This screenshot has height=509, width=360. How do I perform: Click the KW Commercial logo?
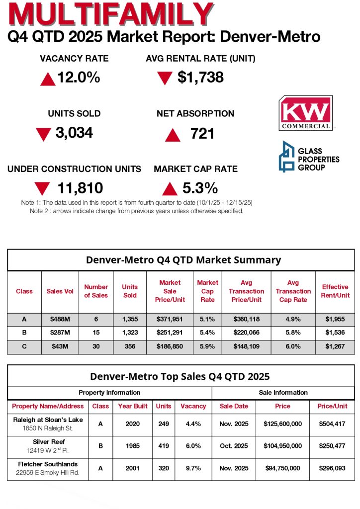point(305,113)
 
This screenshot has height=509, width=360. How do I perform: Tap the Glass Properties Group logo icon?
point(287,157)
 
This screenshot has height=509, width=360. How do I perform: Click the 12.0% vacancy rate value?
point(79,78)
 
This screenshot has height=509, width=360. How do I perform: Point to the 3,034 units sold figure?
point(71,133)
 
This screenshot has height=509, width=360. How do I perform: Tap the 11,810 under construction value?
point(80,188)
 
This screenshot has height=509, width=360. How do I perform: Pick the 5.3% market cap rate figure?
point(200,188)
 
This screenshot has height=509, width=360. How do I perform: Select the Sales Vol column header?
point(60,291)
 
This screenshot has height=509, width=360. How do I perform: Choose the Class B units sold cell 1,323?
point(130,333)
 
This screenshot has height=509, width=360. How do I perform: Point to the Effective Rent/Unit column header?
point(335,291)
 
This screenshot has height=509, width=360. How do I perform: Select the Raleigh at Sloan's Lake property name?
point(48,420)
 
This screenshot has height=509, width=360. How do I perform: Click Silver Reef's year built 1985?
point(133,446)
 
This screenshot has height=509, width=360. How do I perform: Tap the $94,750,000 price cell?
point(282,468)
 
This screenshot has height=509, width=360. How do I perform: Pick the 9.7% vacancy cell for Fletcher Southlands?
point(193,468)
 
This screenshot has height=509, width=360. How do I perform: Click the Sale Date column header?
point(234,406)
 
